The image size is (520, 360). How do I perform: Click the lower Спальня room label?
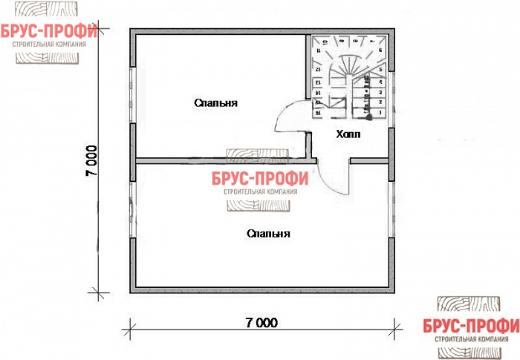click(x=268, y=233)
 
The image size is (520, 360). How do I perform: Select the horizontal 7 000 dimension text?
click(x=261, y=323)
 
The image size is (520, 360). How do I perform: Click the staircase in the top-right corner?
click(x=348, y=77)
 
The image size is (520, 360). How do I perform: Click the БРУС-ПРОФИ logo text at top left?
click(x=49, y=30)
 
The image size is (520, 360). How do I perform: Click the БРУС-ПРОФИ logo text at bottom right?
click(x=471, y=327)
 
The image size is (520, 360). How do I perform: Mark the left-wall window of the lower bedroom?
click(x=133, y=208)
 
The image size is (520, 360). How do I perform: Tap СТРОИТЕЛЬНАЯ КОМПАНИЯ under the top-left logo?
click(x=49, y=44)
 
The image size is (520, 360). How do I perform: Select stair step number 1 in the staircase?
click(x=380, y=111)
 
